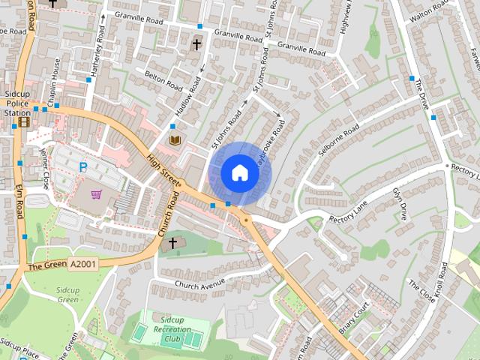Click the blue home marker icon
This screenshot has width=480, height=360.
point(240,172)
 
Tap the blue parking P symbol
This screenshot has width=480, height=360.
point(83,167)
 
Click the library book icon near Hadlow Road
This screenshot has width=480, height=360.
point(175,140)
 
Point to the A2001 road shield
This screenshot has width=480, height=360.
point(82,264)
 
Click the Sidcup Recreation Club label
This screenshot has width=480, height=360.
point(172,329)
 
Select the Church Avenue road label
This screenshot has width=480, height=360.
point(199,285)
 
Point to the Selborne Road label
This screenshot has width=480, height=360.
point(336,138)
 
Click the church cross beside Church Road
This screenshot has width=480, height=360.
point(172,243)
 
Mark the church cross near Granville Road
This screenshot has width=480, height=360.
point(196,44)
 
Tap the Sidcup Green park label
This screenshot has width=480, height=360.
point(68,294)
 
